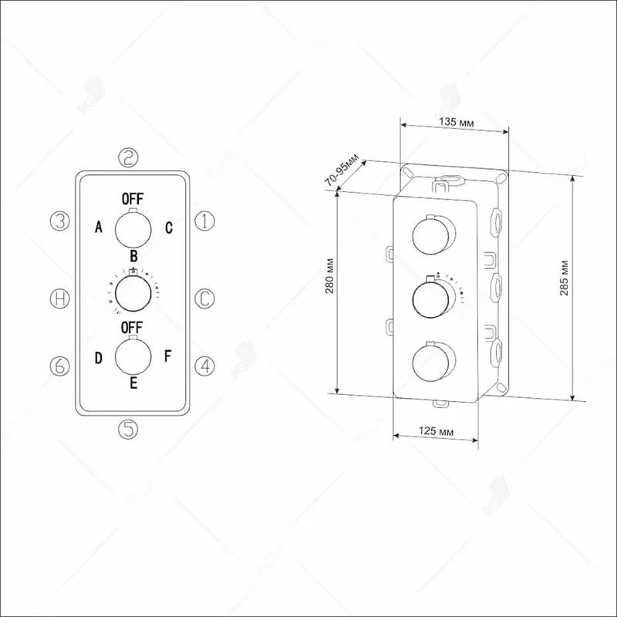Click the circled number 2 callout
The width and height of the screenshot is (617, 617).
129,158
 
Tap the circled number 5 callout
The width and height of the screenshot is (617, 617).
129,428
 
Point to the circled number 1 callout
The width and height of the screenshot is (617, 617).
203,221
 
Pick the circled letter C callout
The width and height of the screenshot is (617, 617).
203,298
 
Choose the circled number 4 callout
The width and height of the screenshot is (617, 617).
203,366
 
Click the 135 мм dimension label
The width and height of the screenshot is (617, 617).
455,122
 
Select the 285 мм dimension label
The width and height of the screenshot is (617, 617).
586,288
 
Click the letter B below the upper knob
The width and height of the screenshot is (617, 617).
133,255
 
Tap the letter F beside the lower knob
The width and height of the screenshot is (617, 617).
168,357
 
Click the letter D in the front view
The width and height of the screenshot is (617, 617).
99,357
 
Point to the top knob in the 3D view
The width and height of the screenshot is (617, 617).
430,235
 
